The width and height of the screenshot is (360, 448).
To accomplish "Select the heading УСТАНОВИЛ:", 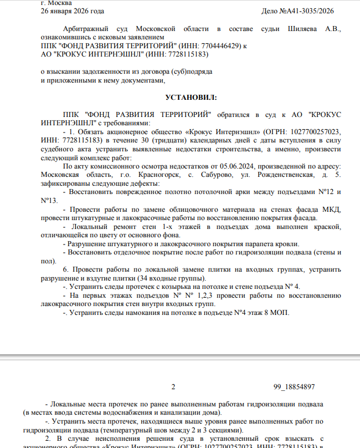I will coord(192,98).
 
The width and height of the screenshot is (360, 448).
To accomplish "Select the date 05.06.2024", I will coord(231,166).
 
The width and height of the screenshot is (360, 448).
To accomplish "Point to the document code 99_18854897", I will coord(294,386).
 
